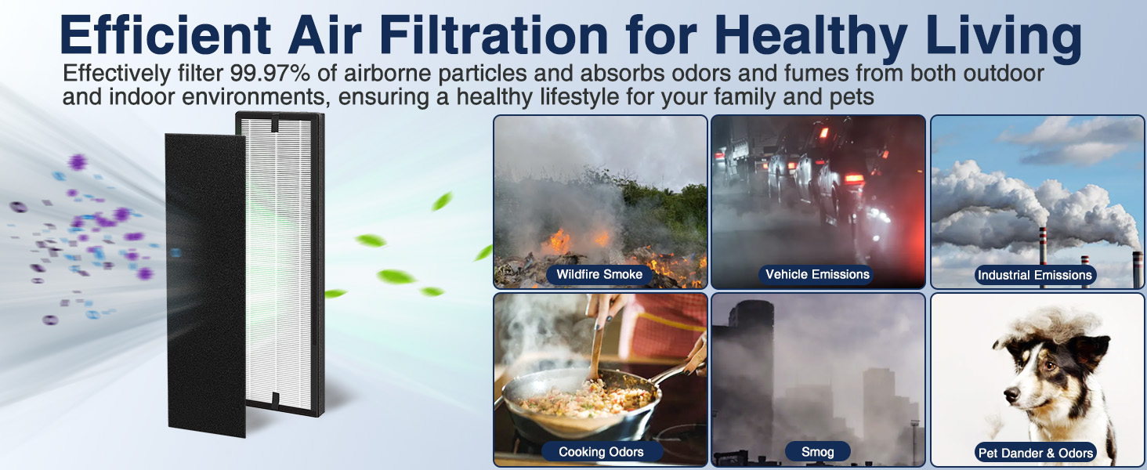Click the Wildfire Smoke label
(599, 274)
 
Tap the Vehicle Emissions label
(817, 274)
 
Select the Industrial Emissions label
(1035, 276)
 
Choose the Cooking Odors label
(601, 452)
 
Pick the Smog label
(818, 452)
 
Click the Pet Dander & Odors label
(1036, 453)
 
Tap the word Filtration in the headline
(493, 34)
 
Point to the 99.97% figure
(270, 73)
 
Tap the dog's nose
(1011, 394)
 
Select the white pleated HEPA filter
(280, 264)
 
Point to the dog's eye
(1049, 367)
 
